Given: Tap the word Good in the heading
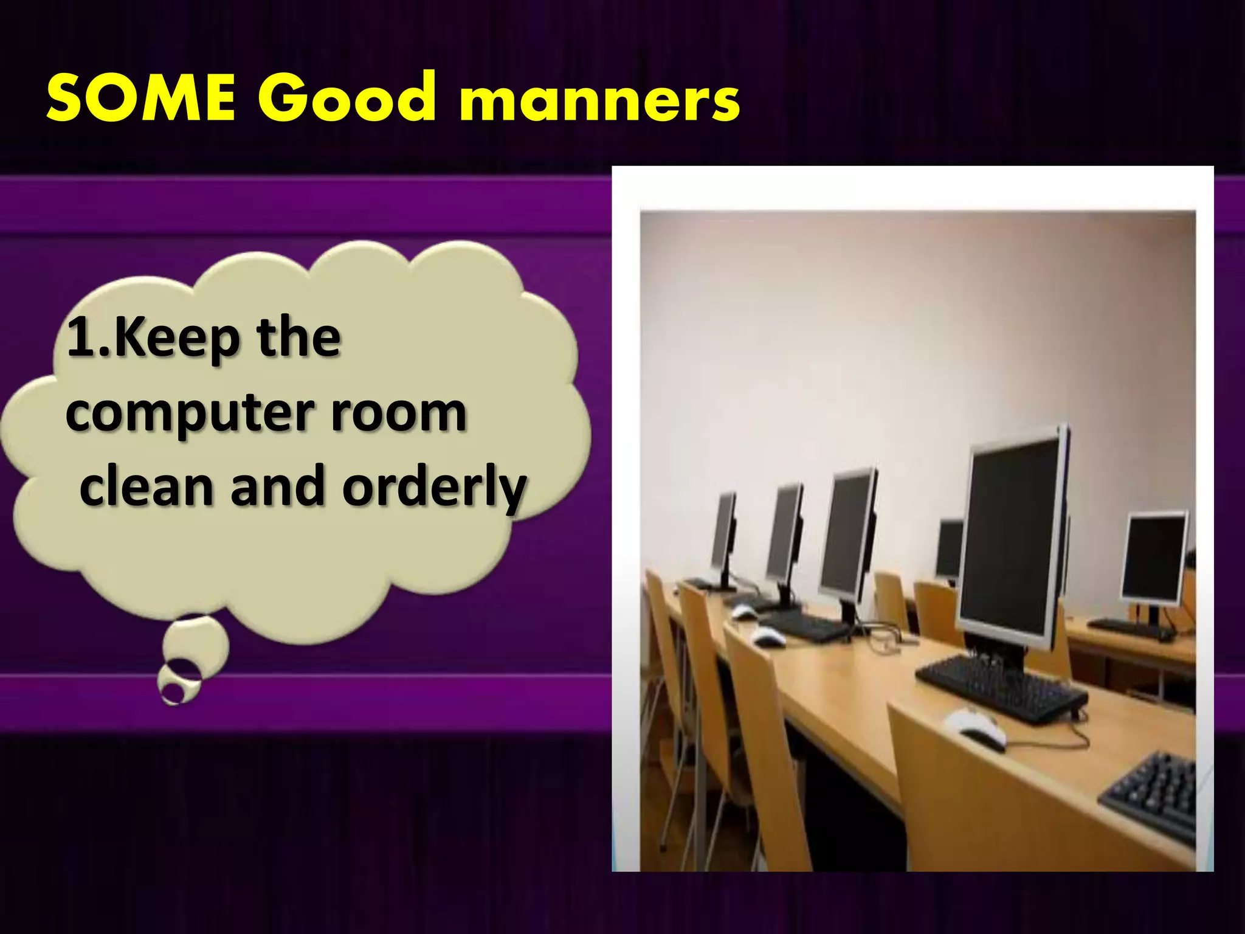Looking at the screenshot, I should coord(347,97).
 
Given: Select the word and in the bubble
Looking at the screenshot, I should coord(277,486).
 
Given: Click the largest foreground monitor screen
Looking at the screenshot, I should coord(1012,538).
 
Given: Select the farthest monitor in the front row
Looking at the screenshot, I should coord(724,538).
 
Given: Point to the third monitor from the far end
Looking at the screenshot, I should coord(847,535).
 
